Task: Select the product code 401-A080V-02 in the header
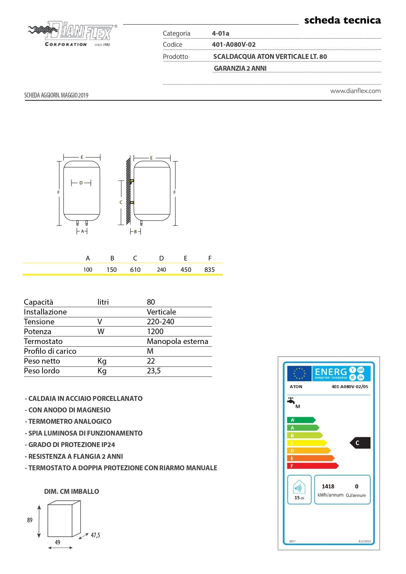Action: pyautogui.click(x=234, y=45)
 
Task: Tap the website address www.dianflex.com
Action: pyautogui.click(x=355, y=91)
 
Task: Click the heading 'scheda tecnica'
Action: pyautogui.click(x=343, y=20)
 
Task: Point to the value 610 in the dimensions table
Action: pyautogui.click(x=135, y=270)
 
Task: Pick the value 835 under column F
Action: pyautogui.click(x=209, y=270)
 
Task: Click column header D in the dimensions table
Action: pyautogui.click(x=161, y=258)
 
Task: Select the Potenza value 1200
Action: pyautogui.click(x=155, y=332)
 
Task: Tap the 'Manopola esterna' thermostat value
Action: pyautogui.click(x=177, y=341)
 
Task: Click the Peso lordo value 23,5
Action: pyautogui.click(x=154, y=371)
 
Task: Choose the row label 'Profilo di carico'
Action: pyautogui.click(x=50, y=351)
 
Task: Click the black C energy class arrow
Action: pyautogui.click(x=360, y=443)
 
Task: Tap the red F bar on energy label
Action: pyautogui.click(x=312, y=466)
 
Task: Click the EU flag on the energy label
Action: pyautogui.click(x=299, y=373)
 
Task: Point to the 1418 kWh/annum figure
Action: pyautogui.click(x=328, y=487)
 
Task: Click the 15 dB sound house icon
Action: pyautogui.click(x=299, y=488)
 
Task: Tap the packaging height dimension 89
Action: pyautogui.click(x=30, y=520)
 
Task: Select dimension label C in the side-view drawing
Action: pyautogui.click(x=121, y=202)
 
